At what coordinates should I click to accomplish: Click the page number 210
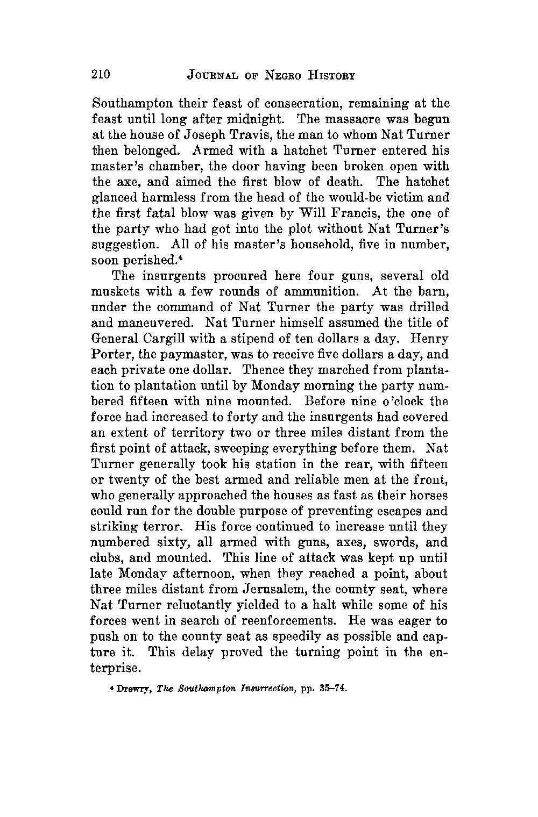click(x=101, y=74)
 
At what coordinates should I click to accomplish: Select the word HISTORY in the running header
click(x=331, y=75)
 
